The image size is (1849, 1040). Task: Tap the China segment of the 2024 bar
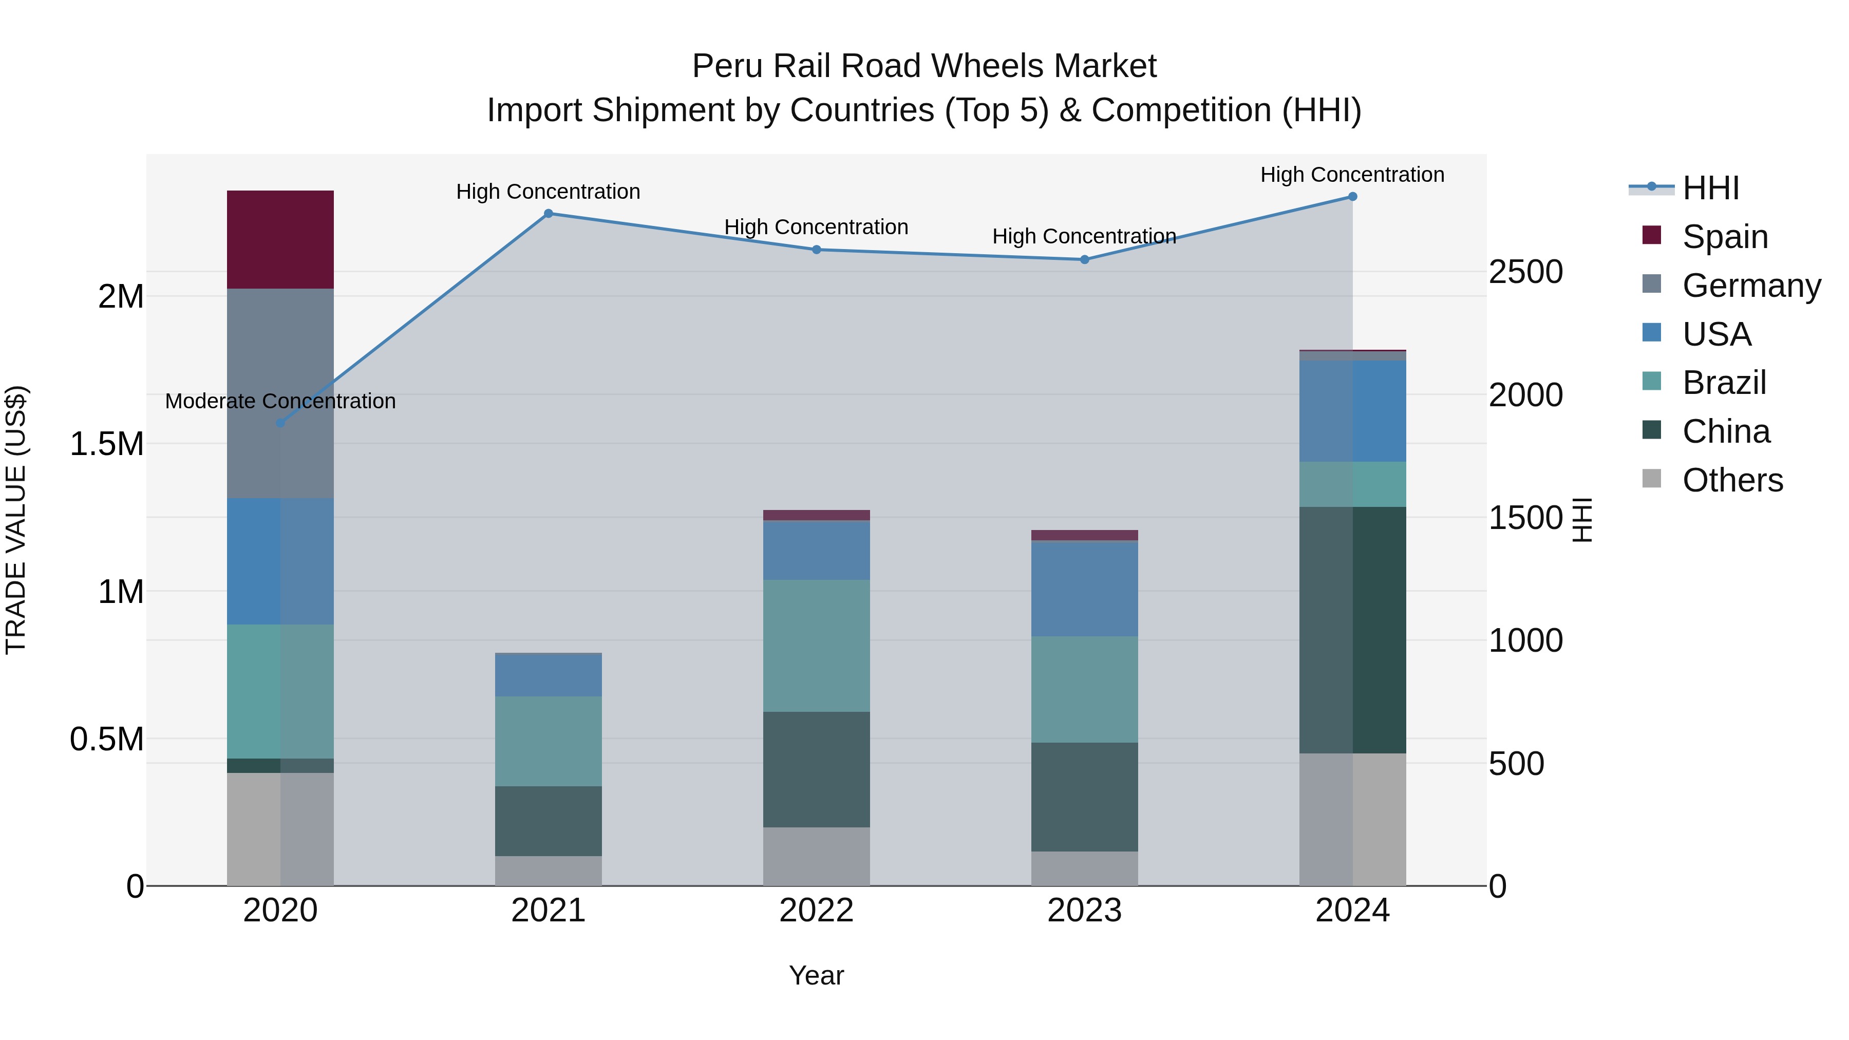point(1352,630)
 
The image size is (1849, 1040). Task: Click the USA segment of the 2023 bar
point(1085,589)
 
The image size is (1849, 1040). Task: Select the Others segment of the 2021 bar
point(549,870)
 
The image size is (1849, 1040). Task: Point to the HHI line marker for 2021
point(549,213)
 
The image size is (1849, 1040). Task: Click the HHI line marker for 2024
point(1352,197)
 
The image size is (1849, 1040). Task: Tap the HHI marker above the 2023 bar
point(1085,260)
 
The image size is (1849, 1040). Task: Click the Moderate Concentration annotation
point(280,401)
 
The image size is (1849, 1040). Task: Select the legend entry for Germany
point(1751,286)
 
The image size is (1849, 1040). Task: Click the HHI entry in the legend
point(1710,188)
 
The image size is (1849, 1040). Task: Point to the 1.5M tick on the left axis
point(106,444)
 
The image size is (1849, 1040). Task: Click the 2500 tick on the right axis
point(1525,272)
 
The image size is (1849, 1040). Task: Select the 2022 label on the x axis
point(816,911)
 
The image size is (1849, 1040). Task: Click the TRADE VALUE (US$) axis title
point(16,520)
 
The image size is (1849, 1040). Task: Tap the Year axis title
point(816,975)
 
